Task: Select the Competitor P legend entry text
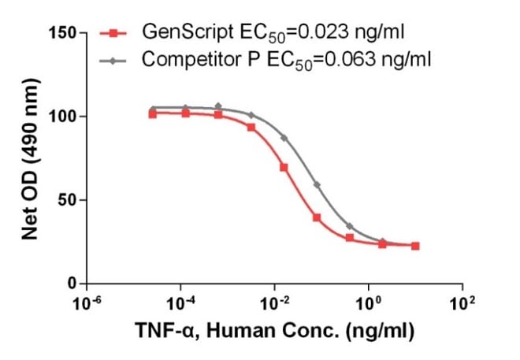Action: tap(285, 59)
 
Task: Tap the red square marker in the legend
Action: tap(113, 34)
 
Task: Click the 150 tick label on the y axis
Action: tap(60, 33)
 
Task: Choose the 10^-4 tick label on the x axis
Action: tap(181, 302)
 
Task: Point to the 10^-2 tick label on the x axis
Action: tap(274, 302)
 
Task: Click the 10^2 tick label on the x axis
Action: tap(462, 302)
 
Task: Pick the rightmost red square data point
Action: tap(415, 246)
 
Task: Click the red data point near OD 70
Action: tap(284, 167)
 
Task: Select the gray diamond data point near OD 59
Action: tap(317, 185)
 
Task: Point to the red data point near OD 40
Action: tap(317, 217)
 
